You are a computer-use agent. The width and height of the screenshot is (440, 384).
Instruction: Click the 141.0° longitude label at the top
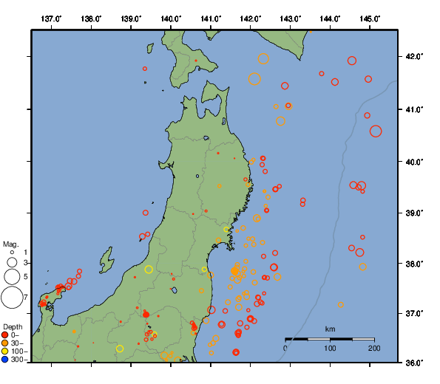(211, 18)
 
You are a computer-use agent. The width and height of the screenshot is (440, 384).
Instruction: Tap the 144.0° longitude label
(331, 18)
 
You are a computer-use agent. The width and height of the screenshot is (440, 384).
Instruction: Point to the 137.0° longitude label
(51, 18)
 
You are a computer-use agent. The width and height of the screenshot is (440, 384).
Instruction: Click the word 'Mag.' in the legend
(10, 244)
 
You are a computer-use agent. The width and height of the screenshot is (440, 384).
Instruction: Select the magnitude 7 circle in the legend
(11, 297)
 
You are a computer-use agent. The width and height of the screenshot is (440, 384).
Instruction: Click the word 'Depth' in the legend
(13, 326)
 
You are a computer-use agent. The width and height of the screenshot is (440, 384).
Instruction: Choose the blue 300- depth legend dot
(5, 360)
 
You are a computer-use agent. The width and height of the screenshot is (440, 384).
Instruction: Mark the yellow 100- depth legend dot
(5, 352)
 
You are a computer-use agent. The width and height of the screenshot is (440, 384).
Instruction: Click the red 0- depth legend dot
(5, 335)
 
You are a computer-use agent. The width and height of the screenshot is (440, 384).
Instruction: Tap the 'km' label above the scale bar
(330, 329)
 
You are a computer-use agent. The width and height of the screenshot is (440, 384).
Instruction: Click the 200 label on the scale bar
(374, 348)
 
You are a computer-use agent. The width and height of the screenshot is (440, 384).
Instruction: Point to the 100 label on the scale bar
(330, 348)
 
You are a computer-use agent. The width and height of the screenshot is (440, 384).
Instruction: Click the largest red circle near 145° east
(376, 131)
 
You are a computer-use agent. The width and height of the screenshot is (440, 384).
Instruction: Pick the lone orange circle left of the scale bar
(341, 304)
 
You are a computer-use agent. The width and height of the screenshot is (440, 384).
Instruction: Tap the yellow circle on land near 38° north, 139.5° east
(149, 270)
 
